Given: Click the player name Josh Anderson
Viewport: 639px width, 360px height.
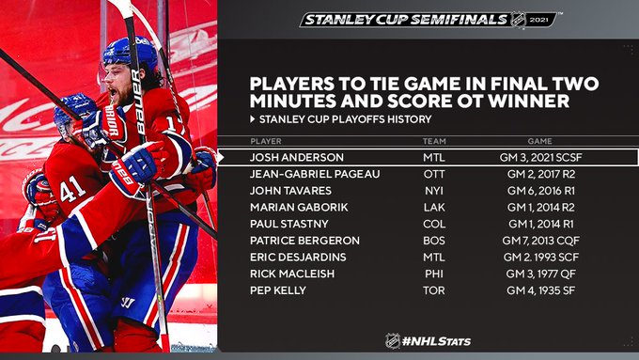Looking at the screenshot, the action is point(297,157).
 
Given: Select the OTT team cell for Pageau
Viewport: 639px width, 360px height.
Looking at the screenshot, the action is point(434,174).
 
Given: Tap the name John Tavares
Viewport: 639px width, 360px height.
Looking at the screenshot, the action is point(290,191).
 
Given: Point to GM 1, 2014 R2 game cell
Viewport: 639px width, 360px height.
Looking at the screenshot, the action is point(540,208).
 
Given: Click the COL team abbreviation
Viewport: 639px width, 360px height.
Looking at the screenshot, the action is point(434,225).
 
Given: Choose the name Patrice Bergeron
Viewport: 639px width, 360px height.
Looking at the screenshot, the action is point(304,241).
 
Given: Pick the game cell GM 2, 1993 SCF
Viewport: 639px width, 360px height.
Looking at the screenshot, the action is point(540,258).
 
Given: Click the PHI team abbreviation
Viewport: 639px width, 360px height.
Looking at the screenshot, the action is point(434,274).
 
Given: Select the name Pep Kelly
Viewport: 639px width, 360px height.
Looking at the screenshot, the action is point(278,290).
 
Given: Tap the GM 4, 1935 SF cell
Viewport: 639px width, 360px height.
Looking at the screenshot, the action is point(540,290).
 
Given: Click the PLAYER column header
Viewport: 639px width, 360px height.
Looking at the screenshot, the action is point(266,142).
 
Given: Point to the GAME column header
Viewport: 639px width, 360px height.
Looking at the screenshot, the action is point(540,142).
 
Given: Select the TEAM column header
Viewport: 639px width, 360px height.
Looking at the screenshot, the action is point(434,142).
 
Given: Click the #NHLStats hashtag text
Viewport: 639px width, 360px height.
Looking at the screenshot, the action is point(436,341).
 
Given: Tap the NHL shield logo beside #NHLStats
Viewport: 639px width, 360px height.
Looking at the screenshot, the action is point(393,341).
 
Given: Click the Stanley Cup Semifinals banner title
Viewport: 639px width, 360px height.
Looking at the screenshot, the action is point(406,20).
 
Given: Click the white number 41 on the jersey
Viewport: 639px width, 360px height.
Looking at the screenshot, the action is point(73,189).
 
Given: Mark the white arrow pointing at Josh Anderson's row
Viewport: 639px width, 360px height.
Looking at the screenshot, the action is point(221,157).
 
